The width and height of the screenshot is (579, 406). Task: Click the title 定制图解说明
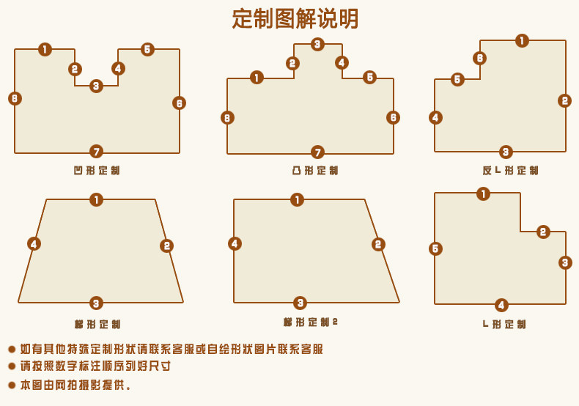tap(295, 18)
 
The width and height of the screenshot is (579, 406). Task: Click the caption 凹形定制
tap(96, 171)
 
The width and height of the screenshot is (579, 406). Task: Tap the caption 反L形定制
tap(510, 171)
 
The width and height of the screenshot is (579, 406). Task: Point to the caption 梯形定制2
tap(311, 322)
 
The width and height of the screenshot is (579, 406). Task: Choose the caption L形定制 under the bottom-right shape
tap(504, 324)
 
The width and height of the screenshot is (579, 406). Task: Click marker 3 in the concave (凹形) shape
tap(96, 86)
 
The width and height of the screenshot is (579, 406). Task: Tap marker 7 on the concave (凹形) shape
tap(96, 152)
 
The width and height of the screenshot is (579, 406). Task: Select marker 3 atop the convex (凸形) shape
tap(317, 44)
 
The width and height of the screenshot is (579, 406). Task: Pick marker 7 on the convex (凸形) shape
tap(317, 152)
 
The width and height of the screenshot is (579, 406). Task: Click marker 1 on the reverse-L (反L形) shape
tap(522, 40)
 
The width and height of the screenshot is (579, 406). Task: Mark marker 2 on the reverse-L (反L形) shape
tap(564, 100)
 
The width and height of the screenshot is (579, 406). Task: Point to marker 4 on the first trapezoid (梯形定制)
tap(34, 243)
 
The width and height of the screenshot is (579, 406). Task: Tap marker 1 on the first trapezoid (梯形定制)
tap(96, 199)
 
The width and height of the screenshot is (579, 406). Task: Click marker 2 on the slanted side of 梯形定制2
tap(378, 244)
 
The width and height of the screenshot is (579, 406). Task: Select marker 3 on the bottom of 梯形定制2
tap(300, 303)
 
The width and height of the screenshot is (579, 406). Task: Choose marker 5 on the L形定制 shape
tap(435, 248)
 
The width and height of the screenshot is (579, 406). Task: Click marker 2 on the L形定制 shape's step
tap(543, 232)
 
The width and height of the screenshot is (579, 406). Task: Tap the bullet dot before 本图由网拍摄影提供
tap(12, 385)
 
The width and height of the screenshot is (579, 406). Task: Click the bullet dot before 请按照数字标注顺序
tap(12, 366)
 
